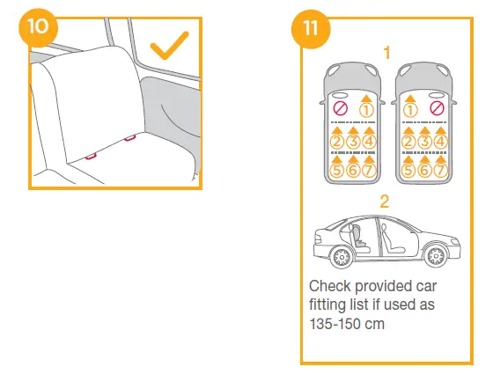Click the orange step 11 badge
(x=310, y=26)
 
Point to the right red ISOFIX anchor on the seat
(x=129, y=136)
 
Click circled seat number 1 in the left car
(x=367, y=109)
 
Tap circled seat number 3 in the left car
(x=352, y=140)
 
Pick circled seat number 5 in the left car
(x=336, y=170)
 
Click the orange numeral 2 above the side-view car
(x=385, y=201)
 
